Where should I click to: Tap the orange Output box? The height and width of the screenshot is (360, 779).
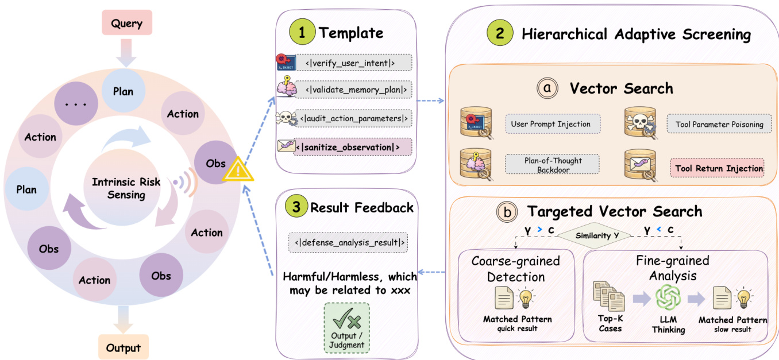tap(124, 347)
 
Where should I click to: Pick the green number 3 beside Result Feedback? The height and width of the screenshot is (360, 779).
tap(296, 207)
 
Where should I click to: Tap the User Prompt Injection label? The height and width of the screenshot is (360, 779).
tap(550, 124)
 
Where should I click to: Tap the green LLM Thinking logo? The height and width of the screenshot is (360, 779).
tap(668, 297)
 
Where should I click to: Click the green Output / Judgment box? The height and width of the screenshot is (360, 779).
tap(346, 327)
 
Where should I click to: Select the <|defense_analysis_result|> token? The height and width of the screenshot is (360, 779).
tap(348, 242)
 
